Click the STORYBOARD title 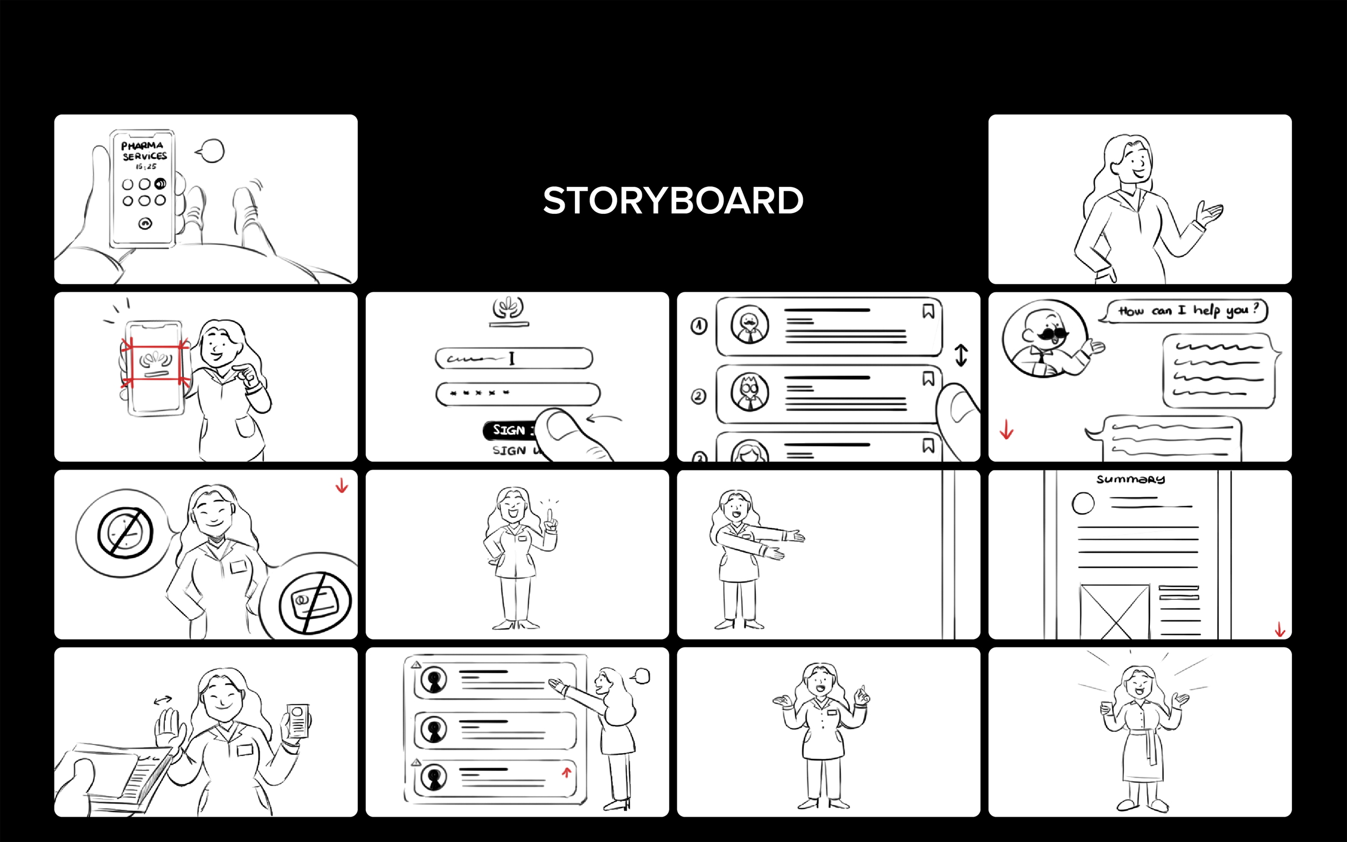pyautogui.click(x=672, y=200)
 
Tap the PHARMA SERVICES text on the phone pyautogui.click(x=144, y=151)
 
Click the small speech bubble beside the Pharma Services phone pyautogui.click(x=211, y=151)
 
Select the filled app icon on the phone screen pyautogui.click(x=160, y=184)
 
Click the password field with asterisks pyautogui.click(x=517, y=394)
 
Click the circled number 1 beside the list pyautogui.click(x=699, y=326)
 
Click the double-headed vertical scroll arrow pyautogui.click(x=961, y=355)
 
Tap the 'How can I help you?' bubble pyautogui.click(x=1187, y=311)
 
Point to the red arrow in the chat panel pyautogui.click(x=1006, y=430)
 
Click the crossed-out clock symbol pyautogui.click(x=126, y=532)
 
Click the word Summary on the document pyautogui.click(x=1130, y=480)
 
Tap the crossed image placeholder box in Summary pyautogui.click(x=1114, y=611)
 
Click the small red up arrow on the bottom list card pyautogui.click(x=566, y=773)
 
